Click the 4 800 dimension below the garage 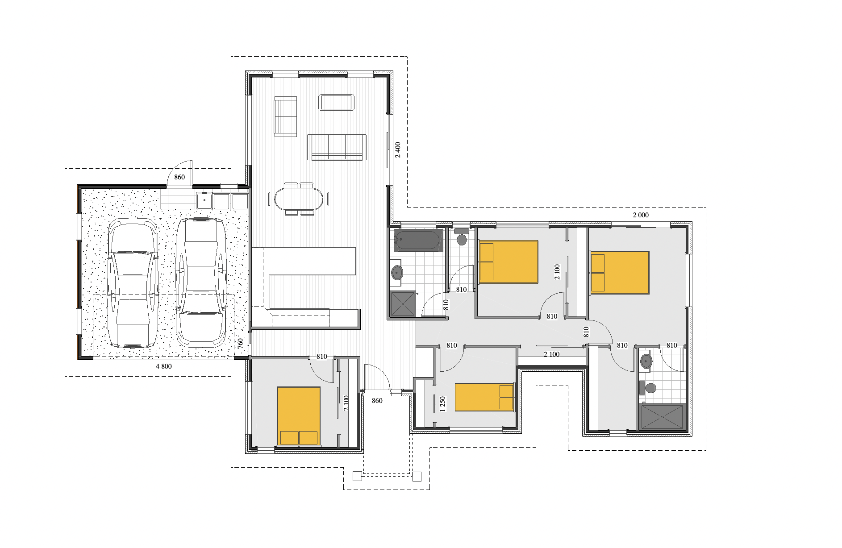(x=163, y=366)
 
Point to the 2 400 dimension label (x=398, y=150)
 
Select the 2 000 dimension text (x=641, y=215)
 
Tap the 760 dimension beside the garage (x=240, y=343)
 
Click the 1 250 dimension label (x=442, y=404)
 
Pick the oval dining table (x=299, y=199)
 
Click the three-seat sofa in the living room (x=337, y=147)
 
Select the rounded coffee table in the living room (x=337, y=102)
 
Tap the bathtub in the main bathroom (x=418, y=241)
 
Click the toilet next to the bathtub (x=462, y=237)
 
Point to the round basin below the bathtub (x=397, y=272)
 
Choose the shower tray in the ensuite (x=662, y=417)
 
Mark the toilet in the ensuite (x=648, y=388)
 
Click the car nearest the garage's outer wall (x=133, y=283)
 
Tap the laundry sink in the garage (x=204, y=201)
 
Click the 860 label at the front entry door (x=377, y=401)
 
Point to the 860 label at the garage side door (x=179, y=177)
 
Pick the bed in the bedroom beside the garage (x=299, y=416)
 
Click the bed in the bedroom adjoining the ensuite (x=620, y=273)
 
